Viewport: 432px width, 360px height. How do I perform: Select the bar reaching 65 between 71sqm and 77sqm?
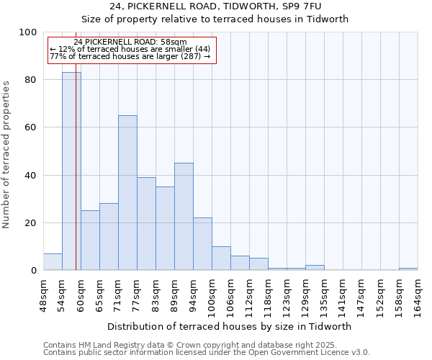click(127, 193)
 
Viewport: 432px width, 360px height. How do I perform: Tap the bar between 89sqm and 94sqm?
click(184, 217)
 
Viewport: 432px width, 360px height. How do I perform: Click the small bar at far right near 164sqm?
click(408, 269)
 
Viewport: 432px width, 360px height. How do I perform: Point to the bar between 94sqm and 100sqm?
click(202, 244)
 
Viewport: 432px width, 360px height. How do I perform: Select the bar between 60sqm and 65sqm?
click(90, 240)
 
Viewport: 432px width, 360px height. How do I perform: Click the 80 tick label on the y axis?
click(29, 80)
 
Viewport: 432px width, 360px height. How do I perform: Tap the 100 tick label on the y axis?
click(27, 32)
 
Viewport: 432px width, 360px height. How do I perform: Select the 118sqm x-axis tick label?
click(268, 295)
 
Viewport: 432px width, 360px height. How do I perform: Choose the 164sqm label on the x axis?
click(418, 295)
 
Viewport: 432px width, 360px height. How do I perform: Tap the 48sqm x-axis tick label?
click(43, 294)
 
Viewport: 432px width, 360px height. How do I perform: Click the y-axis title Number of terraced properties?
click(6, 154)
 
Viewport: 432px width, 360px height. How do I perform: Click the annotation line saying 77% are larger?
click(130, 56)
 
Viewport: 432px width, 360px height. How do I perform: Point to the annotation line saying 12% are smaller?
click(130, 49)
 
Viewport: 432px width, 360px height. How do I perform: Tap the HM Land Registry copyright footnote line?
click(190, 345)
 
